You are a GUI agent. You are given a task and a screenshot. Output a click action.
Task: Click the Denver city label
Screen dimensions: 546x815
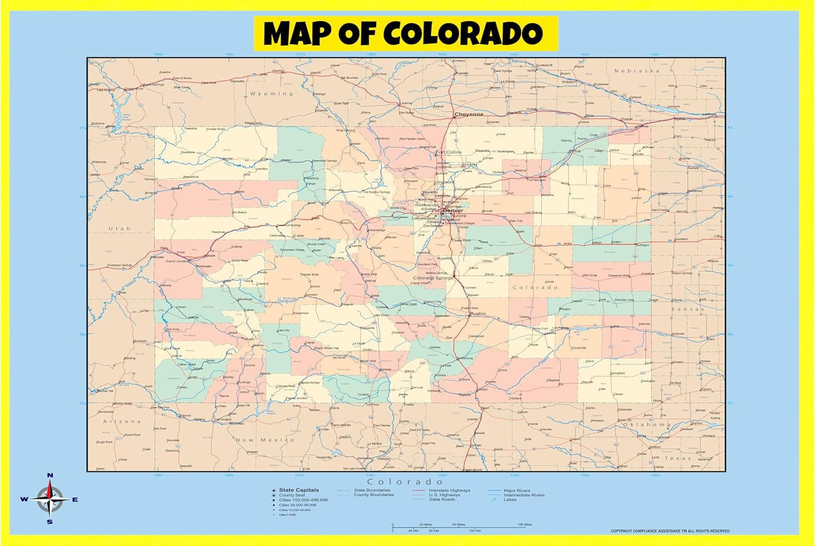tap(453, 210)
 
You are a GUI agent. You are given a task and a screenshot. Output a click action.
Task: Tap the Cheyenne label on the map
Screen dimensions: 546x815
tap(468, 115)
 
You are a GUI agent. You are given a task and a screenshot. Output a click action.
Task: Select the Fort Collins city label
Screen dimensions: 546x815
tap(448, 152)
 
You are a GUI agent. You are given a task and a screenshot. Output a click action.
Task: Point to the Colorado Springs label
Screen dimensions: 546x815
tap(432, 278)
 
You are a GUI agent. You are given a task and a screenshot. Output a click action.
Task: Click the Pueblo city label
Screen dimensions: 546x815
tap(478, 313)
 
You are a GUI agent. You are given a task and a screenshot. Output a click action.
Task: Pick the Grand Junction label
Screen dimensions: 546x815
tap(177, 261)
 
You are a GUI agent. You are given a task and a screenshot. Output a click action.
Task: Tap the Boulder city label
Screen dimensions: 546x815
tap(430, 192)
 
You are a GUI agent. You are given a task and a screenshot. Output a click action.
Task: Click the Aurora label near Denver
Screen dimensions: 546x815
tap(458, 216)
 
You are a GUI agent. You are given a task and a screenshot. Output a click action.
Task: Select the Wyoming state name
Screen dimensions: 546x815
tap(271, 94)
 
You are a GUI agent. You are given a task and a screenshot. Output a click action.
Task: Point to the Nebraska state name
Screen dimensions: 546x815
tap(636, 71)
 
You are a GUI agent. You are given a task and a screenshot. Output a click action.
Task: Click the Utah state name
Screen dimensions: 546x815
tap(120, 229)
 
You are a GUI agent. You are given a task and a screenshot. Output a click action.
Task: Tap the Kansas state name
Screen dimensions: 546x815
tap(687, 309)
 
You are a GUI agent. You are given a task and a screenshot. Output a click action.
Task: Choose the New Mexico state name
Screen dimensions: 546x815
tap(265, 440)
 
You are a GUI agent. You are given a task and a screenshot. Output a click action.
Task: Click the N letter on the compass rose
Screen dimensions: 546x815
tap(50, 475)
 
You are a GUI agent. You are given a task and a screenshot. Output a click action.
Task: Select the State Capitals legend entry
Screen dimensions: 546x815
tap(299, 490)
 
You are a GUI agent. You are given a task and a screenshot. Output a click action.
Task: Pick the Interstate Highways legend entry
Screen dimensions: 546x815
tap(449, 490)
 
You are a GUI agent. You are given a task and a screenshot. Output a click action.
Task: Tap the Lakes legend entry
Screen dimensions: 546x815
tap(510, 500)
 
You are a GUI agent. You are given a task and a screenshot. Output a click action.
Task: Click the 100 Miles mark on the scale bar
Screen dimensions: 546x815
tap(524, 525)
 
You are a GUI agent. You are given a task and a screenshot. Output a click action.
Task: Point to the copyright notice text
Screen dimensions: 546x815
tap(670, 531)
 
